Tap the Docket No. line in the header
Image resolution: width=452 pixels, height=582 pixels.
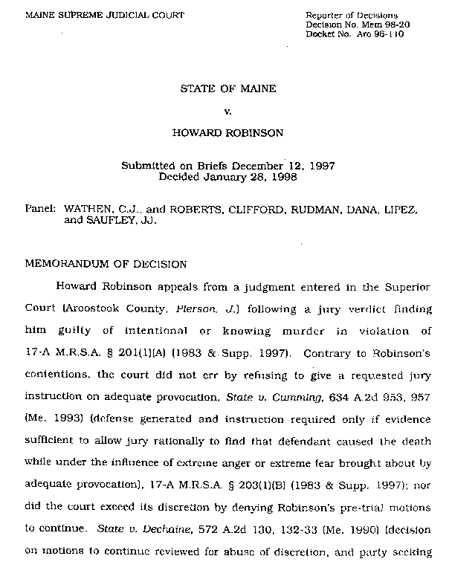pos(355,34)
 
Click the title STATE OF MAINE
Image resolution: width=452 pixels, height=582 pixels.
pos(228,89)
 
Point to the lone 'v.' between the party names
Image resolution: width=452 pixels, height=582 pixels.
pos(228,112)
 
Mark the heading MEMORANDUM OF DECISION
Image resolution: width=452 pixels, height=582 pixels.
pos(106,263)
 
